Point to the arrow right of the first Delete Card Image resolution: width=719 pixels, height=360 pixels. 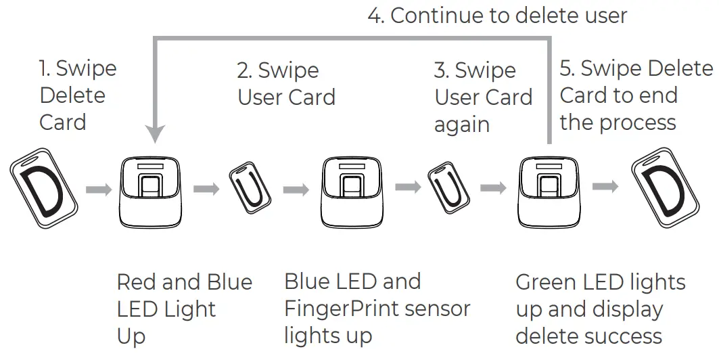pyautogui.click(x=99, y=189)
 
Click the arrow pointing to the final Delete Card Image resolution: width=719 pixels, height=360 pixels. pyautogui.click(x=605, y=187)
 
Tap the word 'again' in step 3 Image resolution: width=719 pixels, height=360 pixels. pyautogui.click(x=461, y=125)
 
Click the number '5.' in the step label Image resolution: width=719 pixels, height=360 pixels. pyautogui.click(x=567, y=69)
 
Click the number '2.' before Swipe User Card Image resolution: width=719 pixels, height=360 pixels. pyautogui.click(x=244, y=70)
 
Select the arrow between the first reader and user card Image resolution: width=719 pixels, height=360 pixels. pyautogui.click(x=206, y=189)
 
